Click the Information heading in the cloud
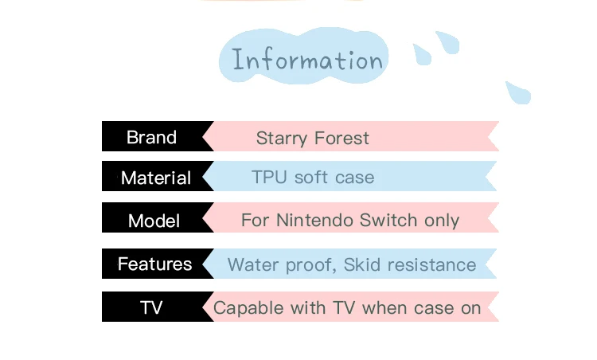tap(307, 60)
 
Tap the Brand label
tap(151, 137)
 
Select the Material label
tap(156, 178)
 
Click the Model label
tap(154, 221)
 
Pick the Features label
tap(154, 264)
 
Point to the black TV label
tap(151, 307)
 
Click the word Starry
tap(281, 139)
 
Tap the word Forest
tap(342, 138)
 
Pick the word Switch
tap(388, 220)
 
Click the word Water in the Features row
tap(253, 264)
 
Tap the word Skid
tap(362, 264)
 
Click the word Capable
tap(248, 308)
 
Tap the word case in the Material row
tap(354, 178)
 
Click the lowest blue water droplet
tap(518, 92)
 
